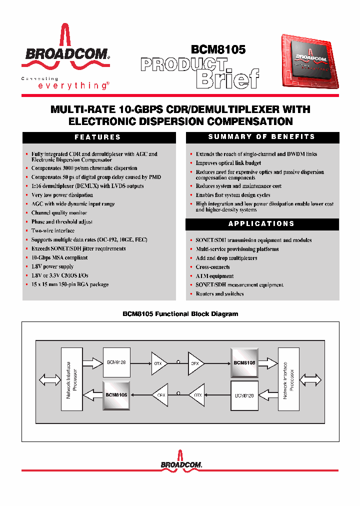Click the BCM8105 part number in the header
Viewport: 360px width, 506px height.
[x=218, y=49]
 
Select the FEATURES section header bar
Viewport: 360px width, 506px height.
[x=97, y=137]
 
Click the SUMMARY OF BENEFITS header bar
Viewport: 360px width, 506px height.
[x=262, y=137]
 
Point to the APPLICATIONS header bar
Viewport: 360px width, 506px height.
[x=262, y=224]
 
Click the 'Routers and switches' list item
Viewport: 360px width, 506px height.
[x=219, y=294]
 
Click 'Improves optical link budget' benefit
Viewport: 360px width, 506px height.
[x=228, y=163]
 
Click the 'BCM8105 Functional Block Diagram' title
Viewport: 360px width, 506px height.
[x=180, y=314]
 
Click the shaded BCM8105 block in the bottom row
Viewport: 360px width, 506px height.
[x=116, y=394]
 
